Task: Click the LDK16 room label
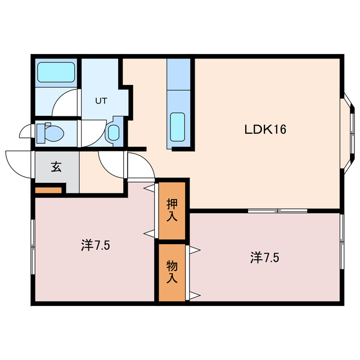265,130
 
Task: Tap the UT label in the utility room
101,101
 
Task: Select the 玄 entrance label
57,167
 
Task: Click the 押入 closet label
172,209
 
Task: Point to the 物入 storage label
172,271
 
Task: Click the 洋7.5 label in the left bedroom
94,245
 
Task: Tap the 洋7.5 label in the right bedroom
264,258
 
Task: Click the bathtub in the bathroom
56,73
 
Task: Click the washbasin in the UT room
113,133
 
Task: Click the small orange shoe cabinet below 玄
48,190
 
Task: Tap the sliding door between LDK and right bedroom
277,211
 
